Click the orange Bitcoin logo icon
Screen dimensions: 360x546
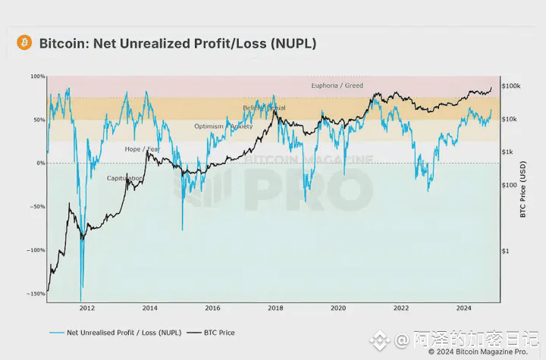click(24, 43)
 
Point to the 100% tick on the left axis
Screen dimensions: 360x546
click(38, 77)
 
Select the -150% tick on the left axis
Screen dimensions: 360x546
click(36, 294)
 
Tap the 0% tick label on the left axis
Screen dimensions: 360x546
click(40, 163)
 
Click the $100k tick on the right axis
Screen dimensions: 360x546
click(510, 86)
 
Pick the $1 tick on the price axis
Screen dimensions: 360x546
click(505, 251)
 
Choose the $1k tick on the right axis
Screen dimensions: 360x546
click(507, 152)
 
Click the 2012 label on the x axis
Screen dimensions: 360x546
click(87, 308)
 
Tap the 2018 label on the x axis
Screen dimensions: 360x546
click(275, 308)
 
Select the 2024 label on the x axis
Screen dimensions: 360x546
click(463, 308)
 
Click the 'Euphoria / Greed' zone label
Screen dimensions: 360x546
click(337, 86)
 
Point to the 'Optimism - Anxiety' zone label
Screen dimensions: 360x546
click(223, 127)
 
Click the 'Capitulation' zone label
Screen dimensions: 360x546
click(124, 178)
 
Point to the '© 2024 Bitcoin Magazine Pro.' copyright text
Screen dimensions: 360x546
click(478, 352)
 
